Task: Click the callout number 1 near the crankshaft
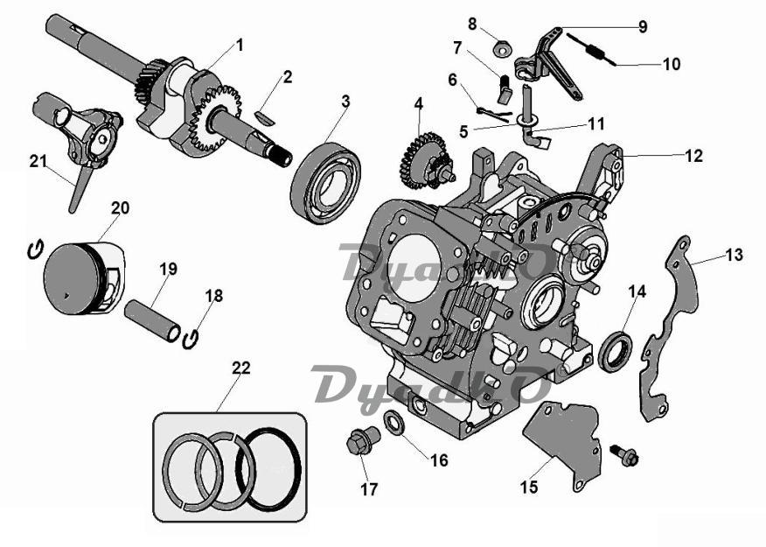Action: pyautogui.click(x=240, y=44)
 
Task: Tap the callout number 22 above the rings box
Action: pyautogui.click(x=241, y=368)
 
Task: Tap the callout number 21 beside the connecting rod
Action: pyautogui.click(x=37, y=160)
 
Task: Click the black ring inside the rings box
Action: pyautogui.click(x=272, y=468)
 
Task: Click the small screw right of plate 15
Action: pyautogui.click(x=627, y=455)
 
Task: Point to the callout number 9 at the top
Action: pyautogui.click(x=643, y=27)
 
